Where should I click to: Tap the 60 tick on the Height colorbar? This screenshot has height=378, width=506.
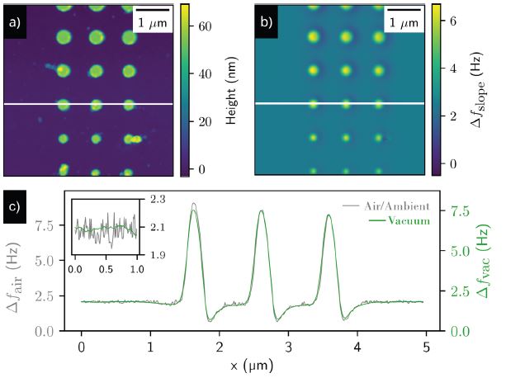pos(210,26)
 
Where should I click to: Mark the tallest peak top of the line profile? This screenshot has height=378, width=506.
pos(193,204)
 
